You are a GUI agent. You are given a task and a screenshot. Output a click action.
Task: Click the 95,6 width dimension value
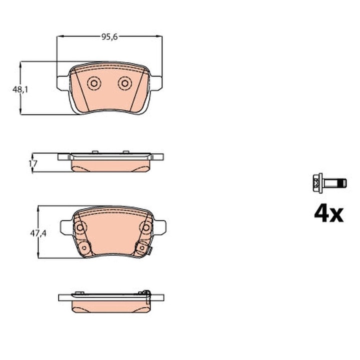109,36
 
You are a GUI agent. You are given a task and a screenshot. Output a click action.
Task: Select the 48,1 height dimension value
20,89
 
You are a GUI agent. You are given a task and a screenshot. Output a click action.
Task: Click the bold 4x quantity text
328,213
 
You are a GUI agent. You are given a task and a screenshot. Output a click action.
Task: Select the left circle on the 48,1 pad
93,83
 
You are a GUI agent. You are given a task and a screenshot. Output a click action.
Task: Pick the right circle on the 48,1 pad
124,83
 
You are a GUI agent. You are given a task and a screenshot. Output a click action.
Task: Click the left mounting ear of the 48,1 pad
61,82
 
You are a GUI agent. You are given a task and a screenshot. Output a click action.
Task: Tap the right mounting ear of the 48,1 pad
156,82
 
